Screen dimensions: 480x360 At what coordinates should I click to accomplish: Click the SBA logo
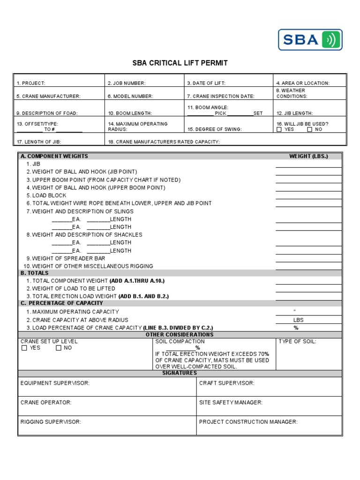pyautogui.click(x=310, y=40)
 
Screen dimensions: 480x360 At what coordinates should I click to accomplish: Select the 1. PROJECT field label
pyautogui.click(x=31, y=83)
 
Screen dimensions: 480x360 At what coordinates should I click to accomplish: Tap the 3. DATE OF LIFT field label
pyautogui.click(x=206, y=83)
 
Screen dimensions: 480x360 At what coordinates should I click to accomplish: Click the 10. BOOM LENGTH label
pyautogui.click(x=130, y=113)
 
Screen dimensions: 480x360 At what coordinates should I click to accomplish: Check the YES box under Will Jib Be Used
pyautogui.click(x=279, y=129)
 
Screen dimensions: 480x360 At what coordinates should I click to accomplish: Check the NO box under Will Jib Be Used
pyautogui.click(x=309, y=129)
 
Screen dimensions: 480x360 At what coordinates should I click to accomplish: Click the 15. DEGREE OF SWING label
pyautogui.click(x=214, y=129)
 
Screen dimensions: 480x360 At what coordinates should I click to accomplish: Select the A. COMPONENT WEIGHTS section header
pyautogui.click(x=54, y=156)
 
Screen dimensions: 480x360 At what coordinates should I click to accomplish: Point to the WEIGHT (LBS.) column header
pyautogui.click(x=308, y=156)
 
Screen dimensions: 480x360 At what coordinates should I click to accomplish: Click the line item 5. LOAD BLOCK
pyautogui.click(x=46, y=195)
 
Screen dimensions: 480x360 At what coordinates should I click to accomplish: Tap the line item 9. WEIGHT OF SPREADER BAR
pyautogui.click(x=66, y=258)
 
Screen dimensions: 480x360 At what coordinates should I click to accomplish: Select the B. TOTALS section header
pyautogui.click(x=34, y=273)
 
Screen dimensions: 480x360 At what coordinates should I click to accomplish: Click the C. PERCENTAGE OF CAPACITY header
pyautogui.click(x=61, y=303)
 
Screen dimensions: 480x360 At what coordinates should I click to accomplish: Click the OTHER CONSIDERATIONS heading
pyautogui.click(x=180, y=335)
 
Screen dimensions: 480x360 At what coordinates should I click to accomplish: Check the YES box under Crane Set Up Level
pyautogui.click(x=24, y=348)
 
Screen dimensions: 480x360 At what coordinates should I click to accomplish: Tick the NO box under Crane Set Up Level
pyautogui.click(x=58, y=348)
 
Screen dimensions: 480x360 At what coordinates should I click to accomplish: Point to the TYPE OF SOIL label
pyautogui.click(x=297, y=342)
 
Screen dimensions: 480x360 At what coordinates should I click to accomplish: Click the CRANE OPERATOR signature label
pyautogui.click(x=46, y=402)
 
